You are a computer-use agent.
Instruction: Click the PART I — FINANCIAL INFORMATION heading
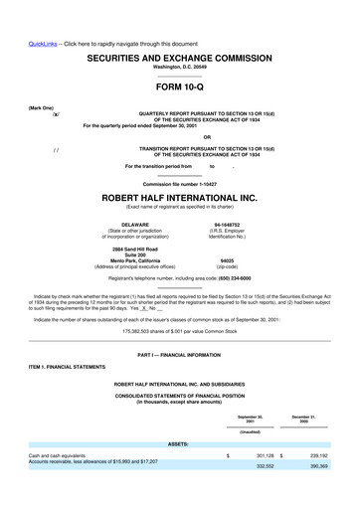click(x=180, y=356)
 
